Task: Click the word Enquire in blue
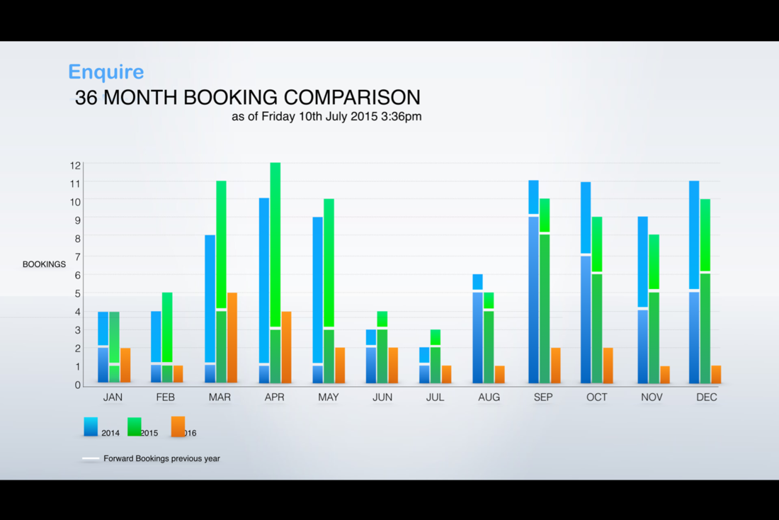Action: coord(106,72)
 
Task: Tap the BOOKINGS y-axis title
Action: coord(44,264)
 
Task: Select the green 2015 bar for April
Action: coord(275,273)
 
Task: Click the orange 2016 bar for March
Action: coord(232,337)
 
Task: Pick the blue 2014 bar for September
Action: coord(533,281)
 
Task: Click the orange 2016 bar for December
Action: coord(716,374)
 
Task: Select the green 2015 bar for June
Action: coord(382,347)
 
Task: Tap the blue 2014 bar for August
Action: coord(477,328)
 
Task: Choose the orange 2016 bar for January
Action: coord(125,366)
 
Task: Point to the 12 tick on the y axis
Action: coord(75,166)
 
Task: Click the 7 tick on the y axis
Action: coord(77,256)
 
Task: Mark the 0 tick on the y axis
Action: coord(77,385)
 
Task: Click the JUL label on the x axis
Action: coord(436,397)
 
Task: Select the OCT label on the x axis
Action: coord(597,397)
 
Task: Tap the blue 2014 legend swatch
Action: coord(91,426)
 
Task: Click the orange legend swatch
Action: coord(178,426)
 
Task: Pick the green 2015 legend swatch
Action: coord(135,426)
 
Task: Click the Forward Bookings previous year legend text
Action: coord(161,458)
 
